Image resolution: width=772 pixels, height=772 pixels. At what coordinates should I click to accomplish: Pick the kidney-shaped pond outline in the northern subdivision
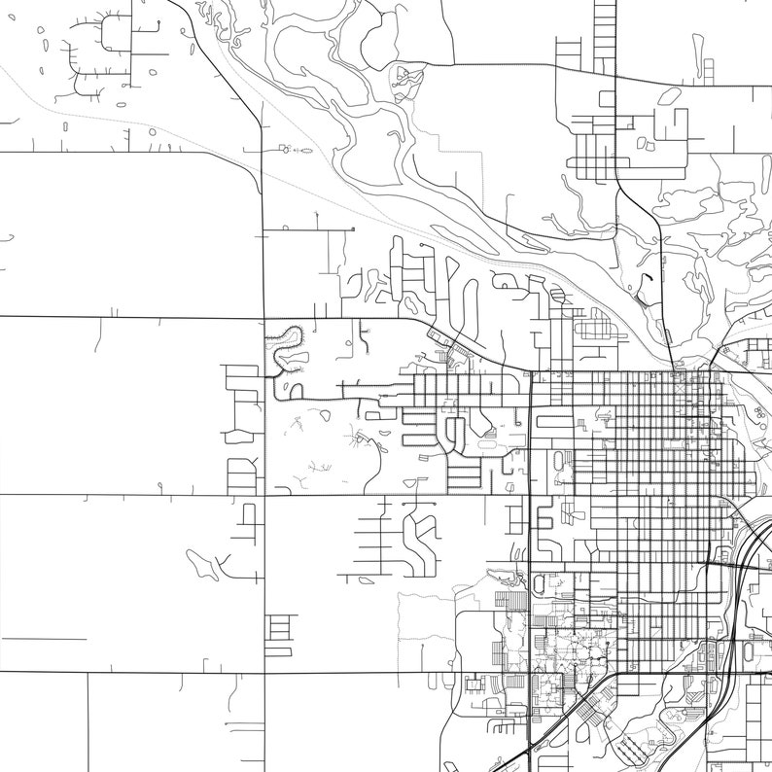(x=669, y=95)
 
